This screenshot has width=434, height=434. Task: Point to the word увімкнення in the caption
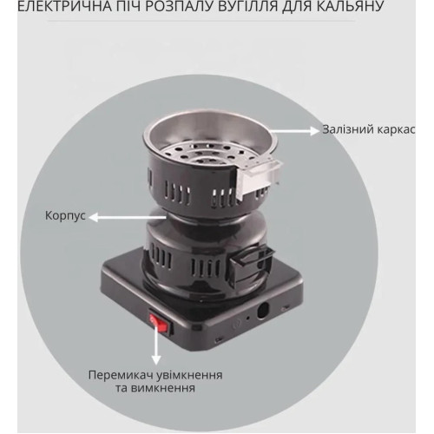pos(188,375)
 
